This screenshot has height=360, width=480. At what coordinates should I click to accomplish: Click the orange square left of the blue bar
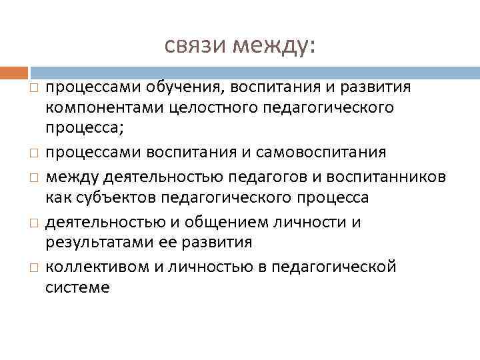[x=15, y=72]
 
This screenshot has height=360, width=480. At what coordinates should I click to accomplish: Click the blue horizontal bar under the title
[x=253, y=72]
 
